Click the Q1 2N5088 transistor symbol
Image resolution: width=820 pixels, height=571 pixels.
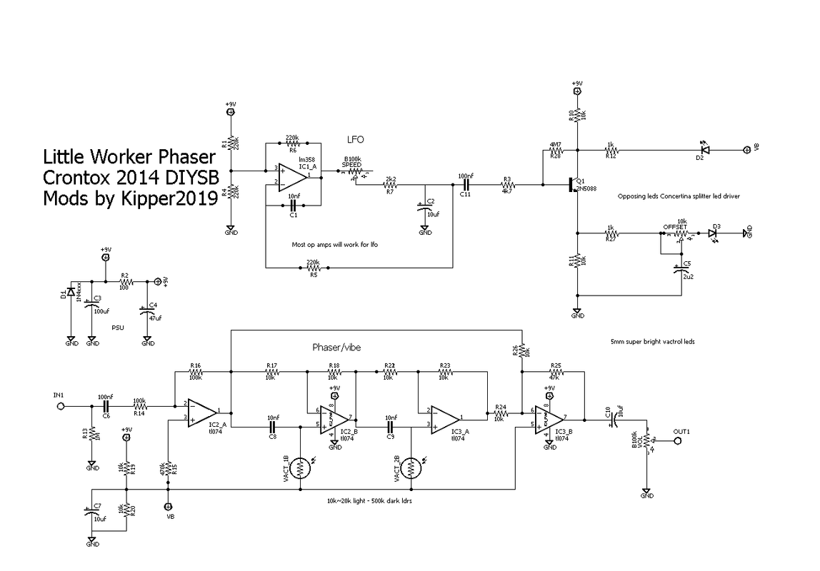point(574,185)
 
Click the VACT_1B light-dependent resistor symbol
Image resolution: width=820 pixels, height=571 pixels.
point(301,468)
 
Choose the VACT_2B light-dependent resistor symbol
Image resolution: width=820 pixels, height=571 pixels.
point(411,468)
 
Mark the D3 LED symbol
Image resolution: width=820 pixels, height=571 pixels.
point(713,233)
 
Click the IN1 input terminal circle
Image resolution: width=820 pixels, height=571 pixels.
point(61,405)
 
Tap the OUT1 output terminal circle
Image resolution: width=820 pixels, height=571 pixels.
point(678,441)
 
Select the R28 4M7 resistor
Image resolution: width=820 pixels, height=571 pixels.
point(556,151)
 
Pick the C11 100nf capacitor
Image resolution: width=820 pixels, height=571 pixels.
point(465,185)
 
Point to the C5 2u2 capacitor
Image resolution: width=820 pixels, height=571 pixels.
point(679,270)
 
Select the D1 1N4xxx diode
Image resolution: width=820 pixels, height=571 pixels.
point(70,292)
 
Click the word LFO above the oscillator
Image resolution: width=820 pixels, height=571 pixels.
point(356,141)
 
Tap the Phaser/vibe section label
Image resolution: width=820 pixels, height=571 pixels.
point(336,348)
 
